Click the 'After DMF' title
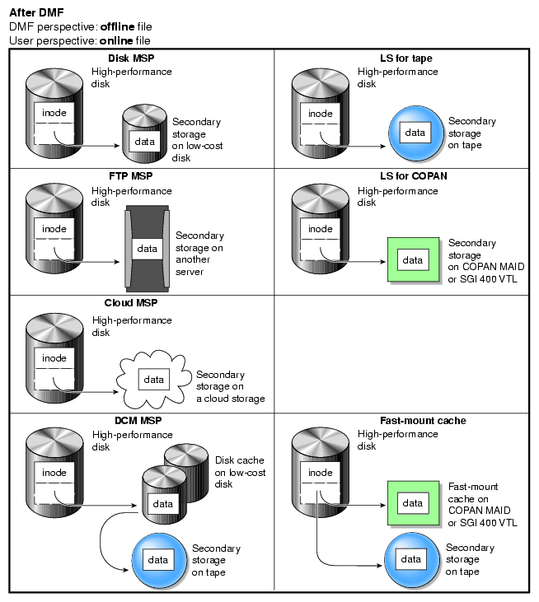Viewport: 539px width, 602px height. pyautogui.click(x=36, y=12)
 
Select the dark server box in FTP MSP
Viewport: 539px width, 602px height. pyautogui.click(x=147, y=247)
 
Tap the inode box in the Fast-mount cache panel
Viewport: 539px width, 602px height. pyautogui.click(x=321, y=474)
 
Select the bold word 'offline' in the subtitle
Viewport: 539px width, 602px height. pyautogui.click(x=119, y=26)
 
